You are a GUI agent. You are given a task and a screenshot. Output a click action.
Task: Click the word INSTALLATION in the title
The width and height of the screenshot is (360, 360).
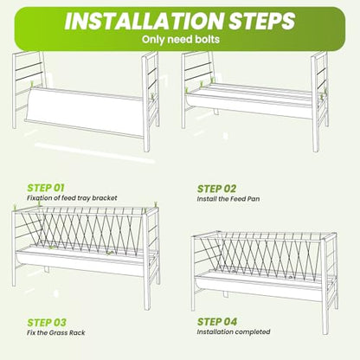coord(144,21)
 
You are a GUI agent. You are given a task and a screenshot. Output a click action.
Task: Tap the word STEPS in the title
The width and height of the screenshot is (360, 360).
coord(262,21)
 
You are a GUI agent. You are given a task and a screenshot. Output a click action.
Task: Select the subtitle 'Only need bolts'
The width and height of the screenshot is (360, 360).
coord(181,39)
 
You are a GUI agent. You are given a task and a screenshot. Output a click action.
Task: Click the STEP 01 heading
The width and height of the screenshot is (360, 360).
coord(46,188)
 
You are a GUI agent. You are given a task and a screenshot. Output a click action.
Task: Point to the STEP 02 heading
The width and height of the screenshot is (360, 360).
coord(216,189)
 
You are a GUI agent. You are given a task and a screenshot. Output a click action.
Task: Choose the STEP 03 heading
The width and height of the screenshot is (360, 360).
coord(47,323)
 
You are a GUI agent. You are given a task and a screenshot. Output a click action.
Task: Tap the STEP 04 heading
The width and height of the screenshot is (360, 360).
coord(217,322)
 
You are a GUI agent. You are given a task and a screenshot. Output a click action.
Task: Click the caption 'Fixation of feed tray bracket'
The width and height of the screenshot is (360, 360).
coord(72,198)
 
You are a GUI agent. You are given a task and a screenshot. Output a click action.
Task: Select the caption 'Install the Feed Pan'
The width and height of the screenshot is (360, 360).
coord(228,199)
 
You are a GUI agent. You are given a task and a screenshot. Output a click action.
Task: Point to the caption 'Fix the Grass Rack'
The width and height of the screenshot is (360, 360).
coord(56,332)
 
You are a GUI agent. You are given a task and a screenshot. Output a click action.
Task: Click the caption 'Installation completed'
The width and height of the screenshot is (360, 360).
coord(234,331)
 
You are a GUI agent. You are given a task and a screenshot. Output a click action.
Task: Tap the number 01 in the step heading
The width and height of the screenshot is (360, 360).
coord(59,188)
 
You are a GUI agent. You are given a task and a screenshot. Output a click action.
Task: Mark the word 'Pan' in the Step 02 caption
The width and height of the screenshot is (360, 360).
coord(254,199)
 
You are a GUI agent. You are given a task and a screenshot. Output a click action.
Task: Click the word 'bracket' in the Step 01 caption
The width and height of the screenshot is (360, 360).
coord(106,198)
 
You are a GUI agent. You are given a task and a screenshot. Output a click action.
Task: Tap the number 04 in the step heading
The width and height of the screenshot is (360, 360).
coord(230,322)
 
